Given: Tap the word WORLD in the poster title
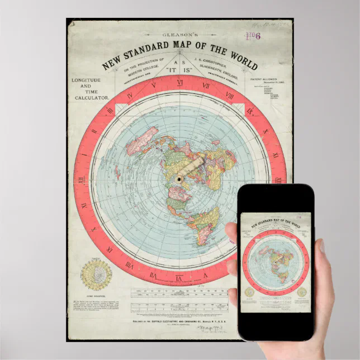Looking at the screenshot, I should pyautogui.click(x=229, y=57).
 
